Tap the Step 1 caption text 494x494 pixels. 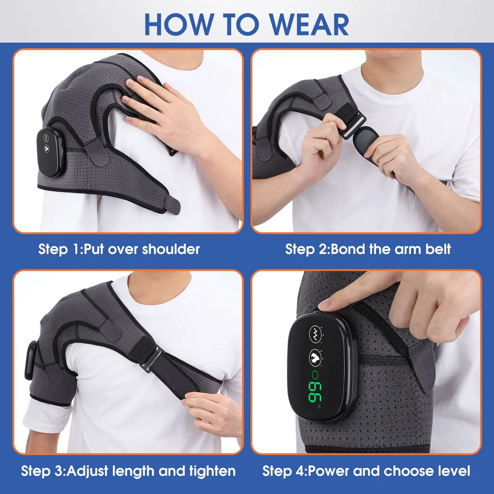tap(119, 249)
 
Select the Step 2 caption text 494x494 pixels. tap(368, 249)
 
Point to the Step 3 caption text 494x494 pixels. tap(128, 471)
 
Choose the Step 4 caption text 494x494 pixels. tap(366, 471)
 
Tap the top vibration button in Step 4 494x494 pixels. tap(315, 333)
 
